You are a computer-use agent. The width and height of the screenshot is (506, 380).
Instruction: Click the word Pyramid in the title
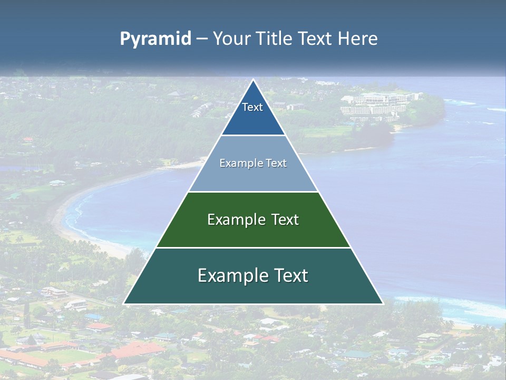[155, 39]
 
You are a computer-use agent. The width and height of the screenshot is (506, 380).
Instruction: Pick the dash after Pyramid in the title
[201, 39]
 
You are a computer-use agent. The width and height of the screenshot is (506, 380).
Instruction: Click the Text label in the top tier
[252, 107]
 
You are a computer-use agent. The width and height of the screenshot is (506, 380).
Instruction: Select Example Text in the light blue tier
[253, 163]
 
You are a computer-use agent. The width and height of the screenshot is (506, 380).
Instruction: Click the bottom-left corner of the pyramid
[124, 303]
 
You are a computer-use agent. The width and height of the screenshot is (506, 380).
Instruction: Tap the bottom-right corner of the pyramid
[382, 303]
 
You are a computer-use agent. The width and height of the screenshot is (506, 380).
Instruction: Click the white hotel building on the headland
[377, 104]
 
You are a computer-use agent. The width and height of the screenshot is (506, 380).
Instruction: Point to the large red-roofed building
[139, 349]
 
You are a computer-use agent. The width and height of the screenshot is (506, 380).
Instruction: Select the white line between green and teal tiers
[253, 248]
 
